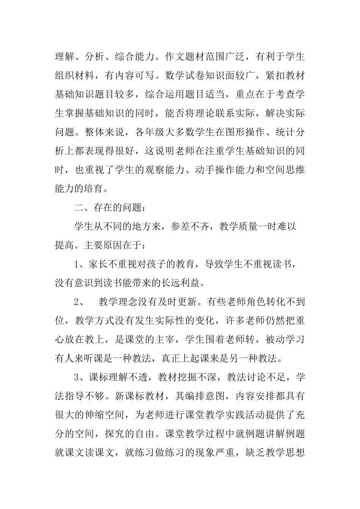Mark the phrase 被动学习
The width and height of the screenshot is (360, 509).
click(286, 339)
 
